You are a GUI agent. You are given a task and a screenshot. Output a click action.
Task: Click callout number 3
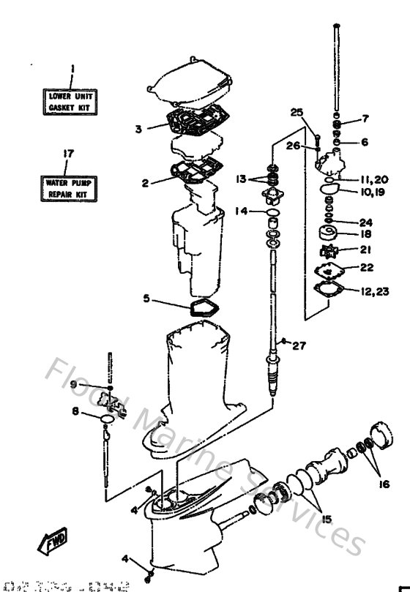click(x=137, y=129)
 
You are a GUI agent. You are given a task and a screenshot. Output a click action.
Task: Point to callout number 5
click(x=146, y=299)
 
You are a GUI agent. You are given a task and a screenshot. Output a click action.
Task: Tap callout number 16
click(x=384, y=484)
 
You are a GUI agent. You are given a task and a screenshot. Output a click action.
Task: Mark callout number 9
click(x=74, y=385)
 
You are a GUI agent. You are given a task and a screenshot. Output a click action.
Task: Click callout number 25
click(x=296, y=112)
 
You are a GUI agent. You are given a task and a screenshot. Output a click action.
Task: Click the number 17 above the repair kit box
click(x=67, y=154)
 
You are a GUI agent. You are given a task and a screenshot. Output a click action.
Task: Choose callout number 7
click(x=365, y=119)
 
